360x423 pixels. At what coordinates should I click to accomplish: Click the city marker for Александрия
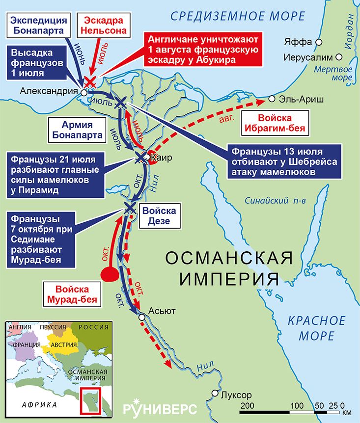click(x=83, y=92)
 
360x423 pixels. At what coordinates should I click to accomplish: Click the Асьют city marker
click(x=142, y=317)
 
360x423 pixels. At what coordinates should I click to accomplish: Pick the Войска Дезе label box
click(x=159, y=215)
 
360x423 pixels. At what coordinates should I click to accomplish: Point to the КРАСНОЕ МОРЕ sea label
click(x=316, y=328)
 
